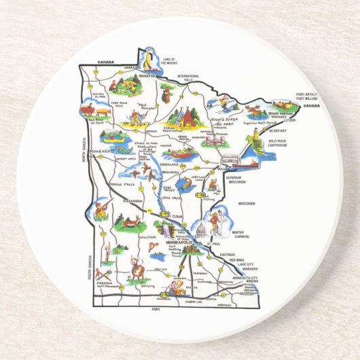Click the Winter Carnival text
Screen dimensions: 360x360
239,234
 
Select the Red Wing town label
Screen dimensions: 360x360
237,260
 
